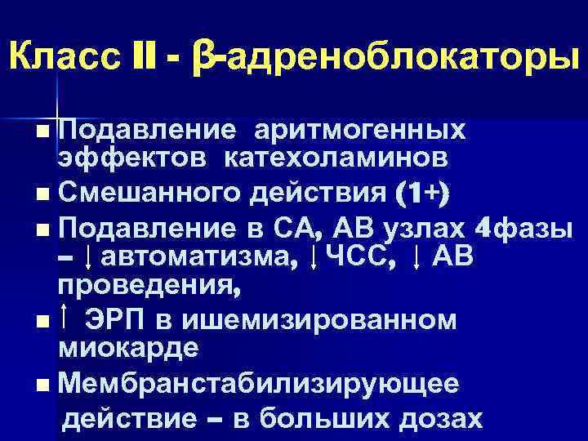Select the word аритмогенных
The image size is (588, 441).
(x=359, y=130)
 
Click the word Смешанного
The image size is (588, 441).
(x=156, y=193)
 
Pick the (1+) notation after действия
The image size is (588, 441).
(x=432, y=193)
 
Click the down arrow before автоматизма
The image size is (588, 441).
(x=88, y=259)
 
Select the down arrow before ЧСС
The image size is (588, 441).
(x=315, y=259)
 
